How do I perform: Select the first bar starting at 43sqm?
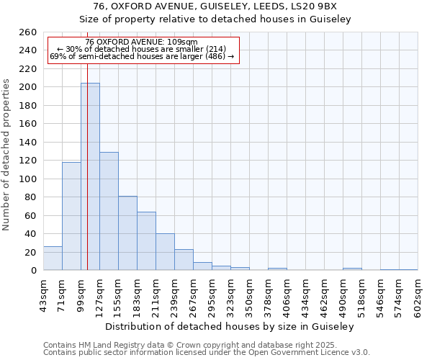click(53, 258)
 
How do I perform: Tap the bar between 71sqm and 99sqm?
click(71, 216)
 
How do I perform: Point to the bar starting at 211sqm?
click(165, 252)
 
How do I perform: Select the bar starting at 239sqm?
click(184, 260)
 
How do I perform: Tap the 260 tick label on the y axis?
click(28, 32)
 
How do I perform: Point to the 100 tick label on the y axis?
click(28, 179)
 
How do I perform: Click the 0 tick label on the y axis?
click(33, 271)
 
